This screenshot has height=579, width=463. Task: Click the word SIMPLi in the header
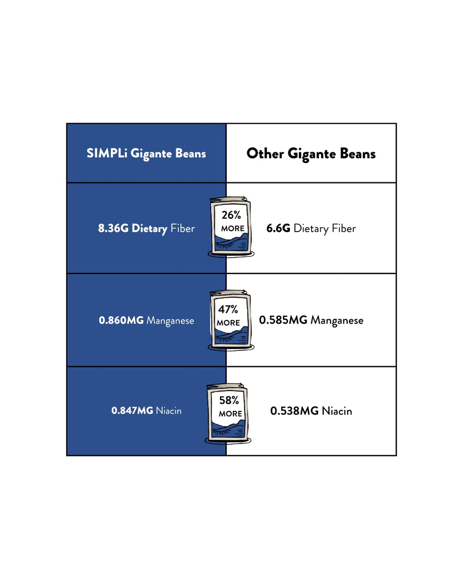click(107, 153)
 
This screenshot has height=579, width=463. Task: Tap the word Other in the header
click(265, 154)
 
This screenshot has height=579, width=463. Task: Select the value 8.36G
click(113, 228)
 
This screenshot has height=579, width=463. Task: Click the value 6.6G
click(278, 228)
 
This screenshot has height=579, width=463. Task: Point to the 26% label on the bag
click(231, 215)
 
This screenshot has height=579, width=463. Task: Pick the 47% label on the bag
click(228, 309)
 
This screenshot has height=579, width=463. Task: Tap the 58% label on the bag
click(229, 400)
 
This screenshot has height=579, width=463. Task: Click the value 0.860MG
click(121, 320)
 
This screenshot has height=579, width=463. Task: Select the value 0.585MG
click(283, 320)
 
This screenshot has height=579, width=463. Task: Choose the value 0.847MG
click(132, 410)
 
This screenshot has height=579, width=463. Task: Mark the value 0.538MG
click(294, 411)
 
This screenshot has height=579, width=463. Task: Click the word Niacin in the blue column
click(169, 410)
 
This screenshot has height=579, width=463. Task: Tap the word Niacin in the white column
click(337, 411)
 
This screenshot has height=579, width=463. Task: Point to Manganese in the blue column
click(170, 321)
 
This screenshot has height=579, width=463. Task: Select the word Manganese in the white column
click(337, 321)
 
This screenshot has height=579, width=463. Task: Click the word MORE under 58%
click(230, 414)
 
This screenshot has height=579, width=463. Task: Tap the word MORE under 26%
click(233, 228)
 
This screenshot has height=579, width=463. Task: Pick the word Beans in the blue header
click(190, 153)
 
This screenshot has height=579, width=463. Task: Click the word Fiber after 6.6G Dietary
click(344, 228)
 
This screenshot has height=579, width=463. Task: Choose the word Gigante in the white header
click(312, 154)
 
